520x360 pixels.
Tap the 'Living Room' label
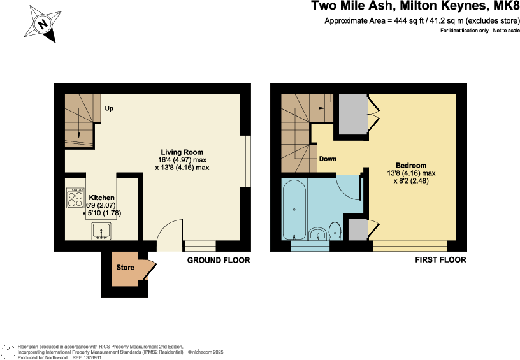[182, 152]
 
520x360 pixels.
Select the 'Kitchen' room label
[101, 198]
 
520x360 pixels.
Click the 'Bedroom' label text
[410, 165]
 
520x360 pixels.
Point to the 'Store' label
[125, 268]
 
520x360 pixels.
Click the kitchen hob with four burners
[75, 198]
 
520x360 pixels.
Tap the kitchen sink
[101, 231]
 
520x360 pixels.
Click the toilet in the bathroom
[335, 231]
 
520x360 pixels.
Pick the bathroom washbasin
[317, 234]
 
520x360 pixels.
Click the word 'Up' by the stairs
[109, 108]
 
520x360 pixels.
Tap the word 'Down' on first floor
[328, 159]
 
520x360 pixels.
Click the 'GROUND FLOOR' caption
[219, 260]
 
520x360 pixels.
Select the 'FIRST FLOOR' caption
[440, 260]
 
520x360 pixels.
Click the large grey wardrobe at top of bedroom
[352, 115]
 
